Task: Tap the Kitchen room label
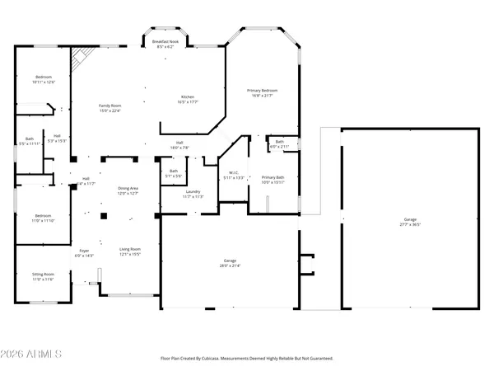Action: (188, 99)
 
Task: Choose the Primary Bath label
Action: (273, 180)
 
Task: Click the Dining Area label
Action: (128, 190)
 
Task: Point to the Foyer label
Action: (84, 252)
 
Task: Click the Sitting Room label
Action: (43, 277)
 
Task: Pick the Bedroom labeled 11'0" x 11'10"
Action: (43, 218)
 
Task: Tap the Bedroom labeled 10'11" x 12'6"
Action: (44, 79)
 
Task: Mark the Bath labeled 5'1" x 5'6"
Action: (174, 173)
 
